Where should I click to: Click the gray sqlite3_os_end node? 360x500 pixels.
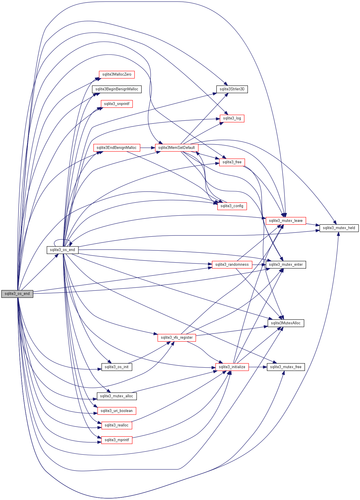click(x=17, y=294)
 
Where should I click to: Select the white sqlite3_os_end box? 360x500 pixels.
click(x=62, y=250)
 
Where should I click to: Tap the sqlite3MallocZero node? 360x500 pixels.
click(x=117, y=74)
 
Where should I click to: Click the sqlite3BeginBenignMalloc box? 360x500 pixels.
click(x=117, y=89)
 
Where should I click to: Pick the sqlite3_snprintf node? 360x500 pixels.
click(x=117, y=104)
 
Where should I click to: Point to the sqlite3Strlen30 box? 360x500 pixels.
click(x=232, y=89)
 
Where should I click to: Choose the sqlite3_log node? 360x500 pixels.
click(x=232, y=118)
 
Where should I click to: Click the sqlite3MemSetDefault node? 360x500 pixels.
click(x=176, y=148)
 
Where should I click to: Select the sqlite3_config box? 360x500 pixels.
click(x=232, y=206)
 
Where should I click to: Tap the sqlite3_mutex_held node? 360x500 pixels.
click(x=339, y=228)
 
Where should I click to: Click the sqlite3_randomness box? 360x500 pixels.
click(x=232, y=265)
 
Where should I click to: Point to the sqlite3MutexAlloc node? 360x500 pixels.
click(x=286, y=323)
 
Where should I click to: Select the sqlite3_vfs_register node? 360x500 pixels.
click(x=177, y=338)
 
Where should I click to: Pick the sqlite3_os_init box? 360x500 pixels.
click(x=117, y=367)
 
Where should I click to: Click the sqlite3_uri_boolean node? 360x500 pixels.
click(x=117, y=411)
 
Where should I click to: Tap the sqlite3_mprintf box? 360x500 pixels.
click(x=117, y=440)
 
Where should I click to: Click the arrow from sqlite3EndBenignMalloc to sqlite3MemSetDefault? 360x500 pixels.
click(x=148, y=148)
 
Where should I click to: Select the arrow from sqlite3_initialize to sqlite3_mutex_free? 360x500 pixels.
click(x=258, y=367)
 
